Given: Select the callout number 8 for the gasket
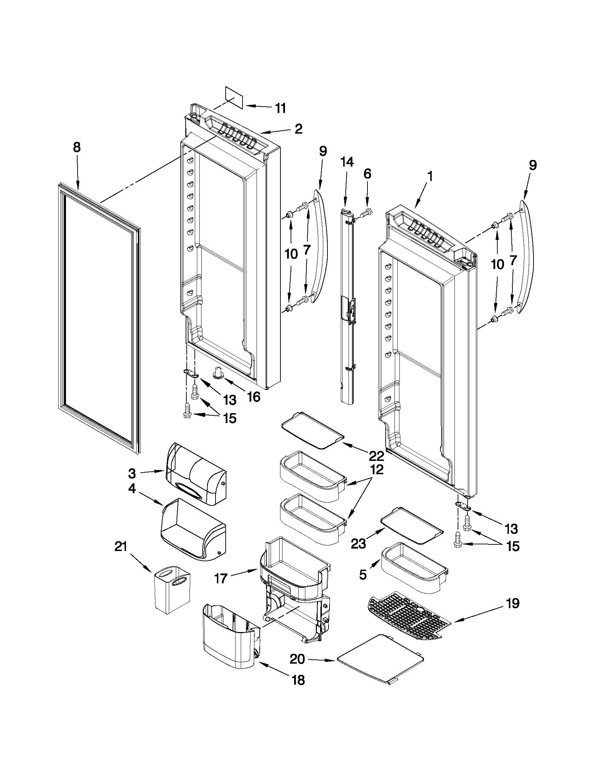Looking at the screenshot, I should coord(77,147).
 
